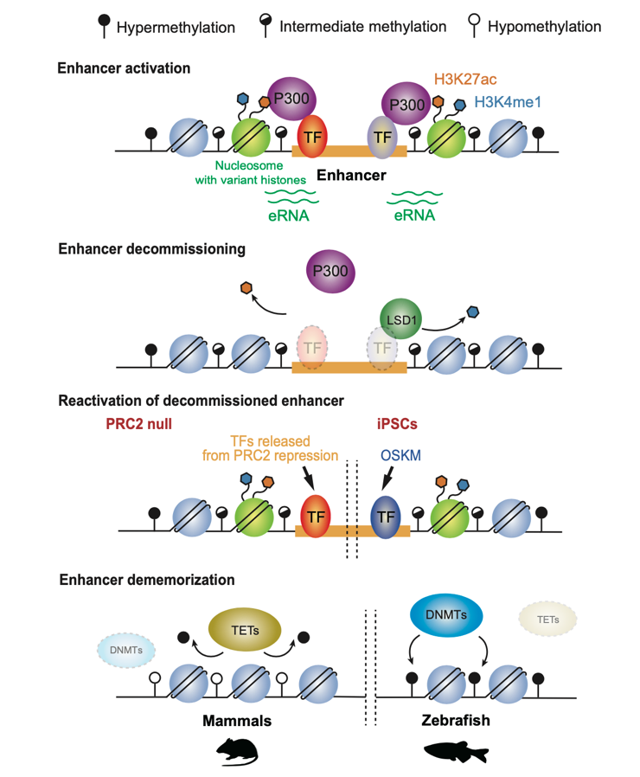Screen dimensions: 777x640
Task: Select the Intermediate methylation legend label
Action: coord(362,27)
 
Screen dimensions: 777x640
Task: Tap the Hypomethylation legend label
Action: coord(544,27)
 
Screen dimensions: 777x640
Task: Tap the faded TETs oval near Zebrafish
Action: coord(546,619)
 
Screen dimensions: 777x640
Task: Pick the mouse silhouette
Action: coord(238,750)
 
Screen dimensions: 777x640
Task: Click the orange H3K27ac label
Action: coord(467,80)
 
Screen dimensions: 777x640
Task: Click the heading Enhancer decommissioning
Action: coord(151,249)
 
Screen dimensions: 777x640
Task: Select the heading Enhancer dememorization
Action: coord(146,579)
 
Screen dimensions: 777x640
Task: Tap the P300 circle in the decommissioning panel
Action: coord(333,272)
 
